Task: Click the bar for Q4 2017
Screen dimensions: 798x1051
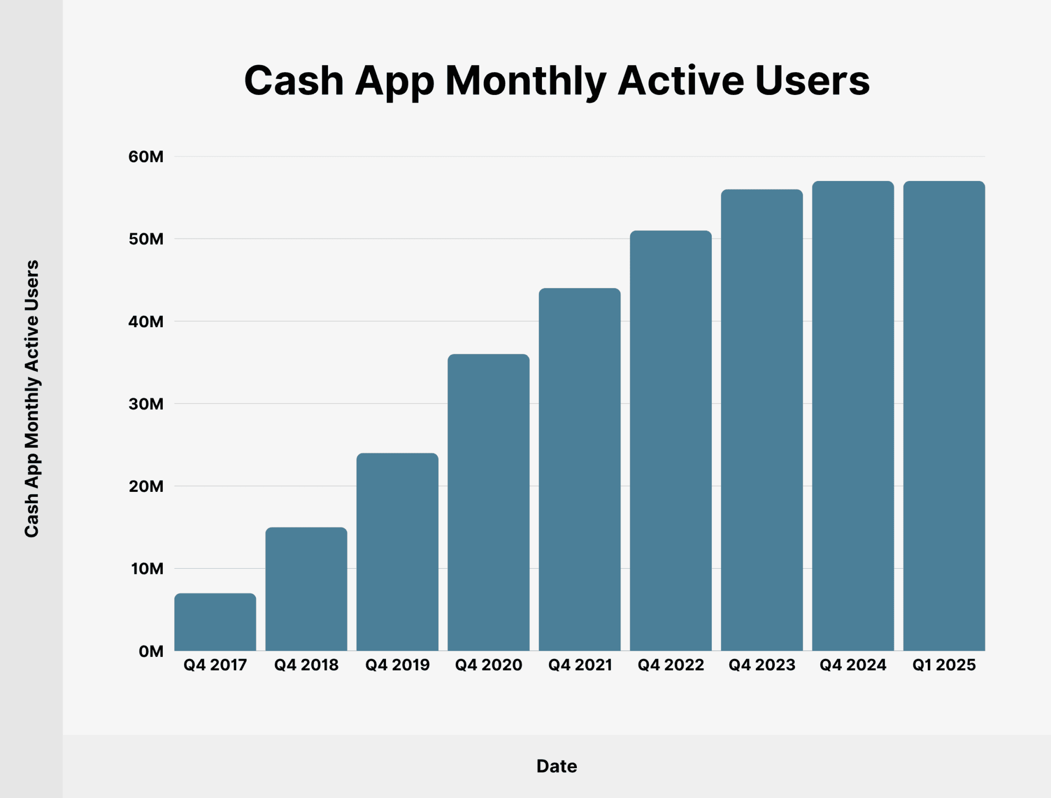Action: point(215,622)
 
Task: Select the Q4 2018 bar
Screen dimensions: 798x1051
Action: point(306,589)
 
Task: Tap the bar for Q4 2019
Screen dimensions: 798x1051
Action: point(397,552)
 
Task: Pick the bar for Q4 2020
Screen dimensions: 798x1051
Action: point(489,502)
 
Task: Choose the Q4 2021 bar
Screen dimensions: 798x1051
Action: point(579,469)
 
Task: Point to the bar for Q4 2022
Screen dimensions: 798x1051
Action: point(671,441)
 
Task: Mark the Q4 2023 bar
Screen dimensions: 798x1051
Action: point(762,420)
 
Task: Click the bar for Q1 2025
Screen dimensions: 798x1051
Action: point(944,416)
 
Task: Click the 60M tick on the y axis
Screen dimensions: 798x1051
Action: point(146,156)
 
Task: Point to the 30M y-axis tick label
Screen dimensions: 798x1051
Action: point(146,404)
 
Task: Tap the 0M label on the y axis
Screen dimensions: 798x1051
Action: point(150,651)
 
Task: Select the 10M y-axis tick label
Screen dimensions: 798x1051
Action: point(147,569)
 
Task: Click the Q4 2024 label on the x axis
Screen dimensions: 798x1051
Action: point(853,665)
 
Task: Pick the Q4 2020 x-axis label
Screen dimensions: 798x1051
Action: point(489,665)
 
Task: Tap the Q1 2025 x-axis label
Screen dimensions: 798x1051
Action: point(944,665)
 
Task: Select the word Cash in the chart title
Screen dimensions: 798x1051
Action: point(294,81)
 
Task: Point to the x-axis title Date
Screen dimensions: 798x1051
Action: point(557,766)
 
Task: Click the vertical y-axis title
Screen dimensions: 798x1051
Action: point(32,398)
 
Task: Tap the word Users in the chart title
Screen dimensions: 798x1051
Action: point(812,81)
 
